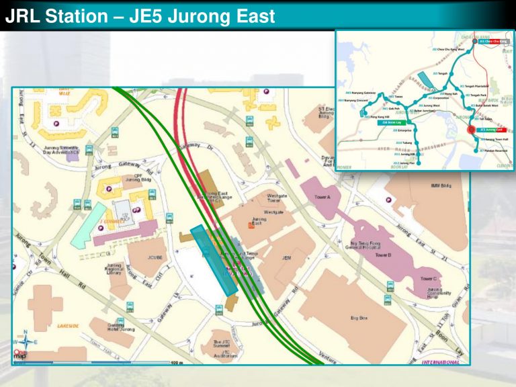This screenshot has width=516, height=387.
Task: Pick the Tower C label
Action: tap(428, 278)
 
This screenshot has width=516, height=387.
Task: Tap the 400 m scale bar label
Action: tap(177, 363)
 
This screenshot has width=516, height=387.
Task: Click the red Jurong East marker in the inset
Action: tap(472, 130)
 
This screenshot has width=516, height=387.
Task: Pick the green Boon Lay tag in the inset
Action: tap(390, 123)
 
